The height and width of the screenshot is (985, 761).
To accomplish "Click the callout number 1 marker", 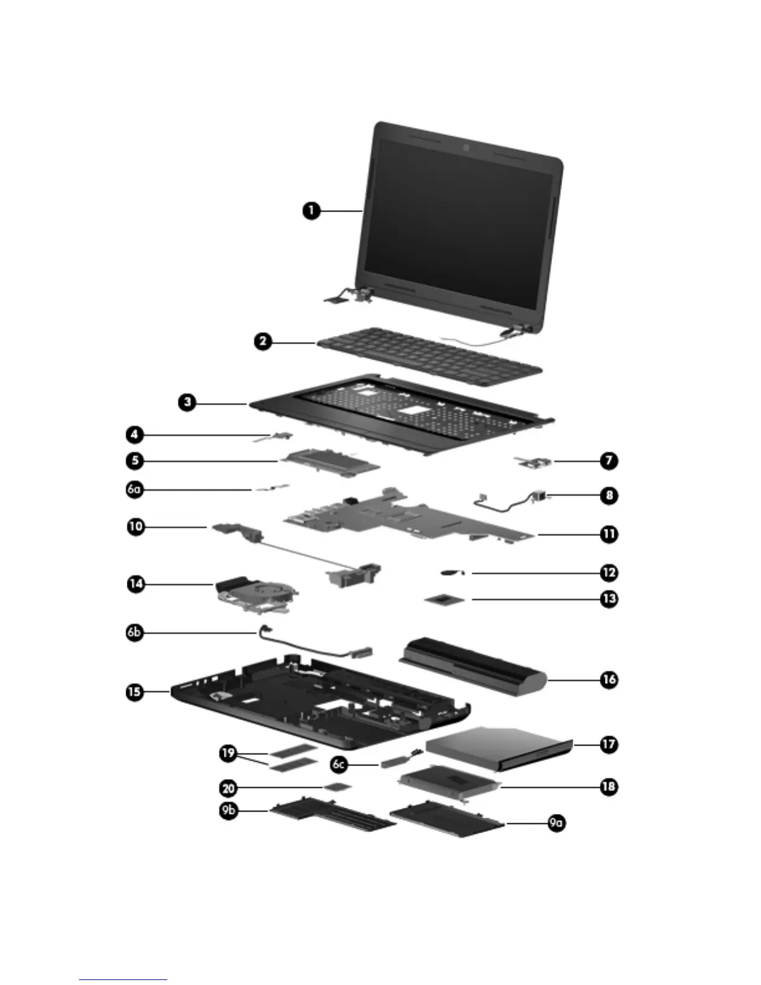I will (311, 211).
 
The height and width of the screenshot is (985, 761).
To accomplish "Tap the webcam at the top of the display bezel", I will (465, 149).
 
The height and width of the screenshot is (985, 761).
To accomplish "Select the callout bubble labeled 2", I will (263, 341).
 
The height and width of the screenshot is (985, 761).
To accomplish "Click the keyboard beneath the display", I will (429, 358).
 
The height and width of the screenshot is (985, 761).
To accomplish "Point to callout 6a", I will (134, 489).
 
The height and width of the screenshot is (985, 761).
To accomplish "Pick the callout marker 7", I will (609, 461).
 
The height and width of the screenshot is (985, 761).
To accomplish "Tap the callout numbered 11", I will (609, 534).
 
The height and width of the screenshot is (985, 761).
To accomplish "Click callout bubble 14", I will (136, 584).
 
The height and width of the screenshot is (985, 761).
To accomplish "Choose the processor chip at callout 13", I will (445, 599).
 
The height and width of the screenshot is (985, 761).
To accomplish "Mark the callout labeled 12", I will (609, 573).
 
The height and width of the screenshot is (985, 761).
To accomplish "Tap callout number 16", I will (609, 680).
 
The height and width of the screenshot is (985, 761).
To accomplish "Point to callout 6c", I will (339, 763).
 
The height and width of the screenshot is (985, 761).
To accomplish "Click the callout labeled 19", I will (228, 753).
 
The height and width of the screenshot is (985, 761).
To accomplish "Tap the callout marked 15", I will (134, 691).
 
